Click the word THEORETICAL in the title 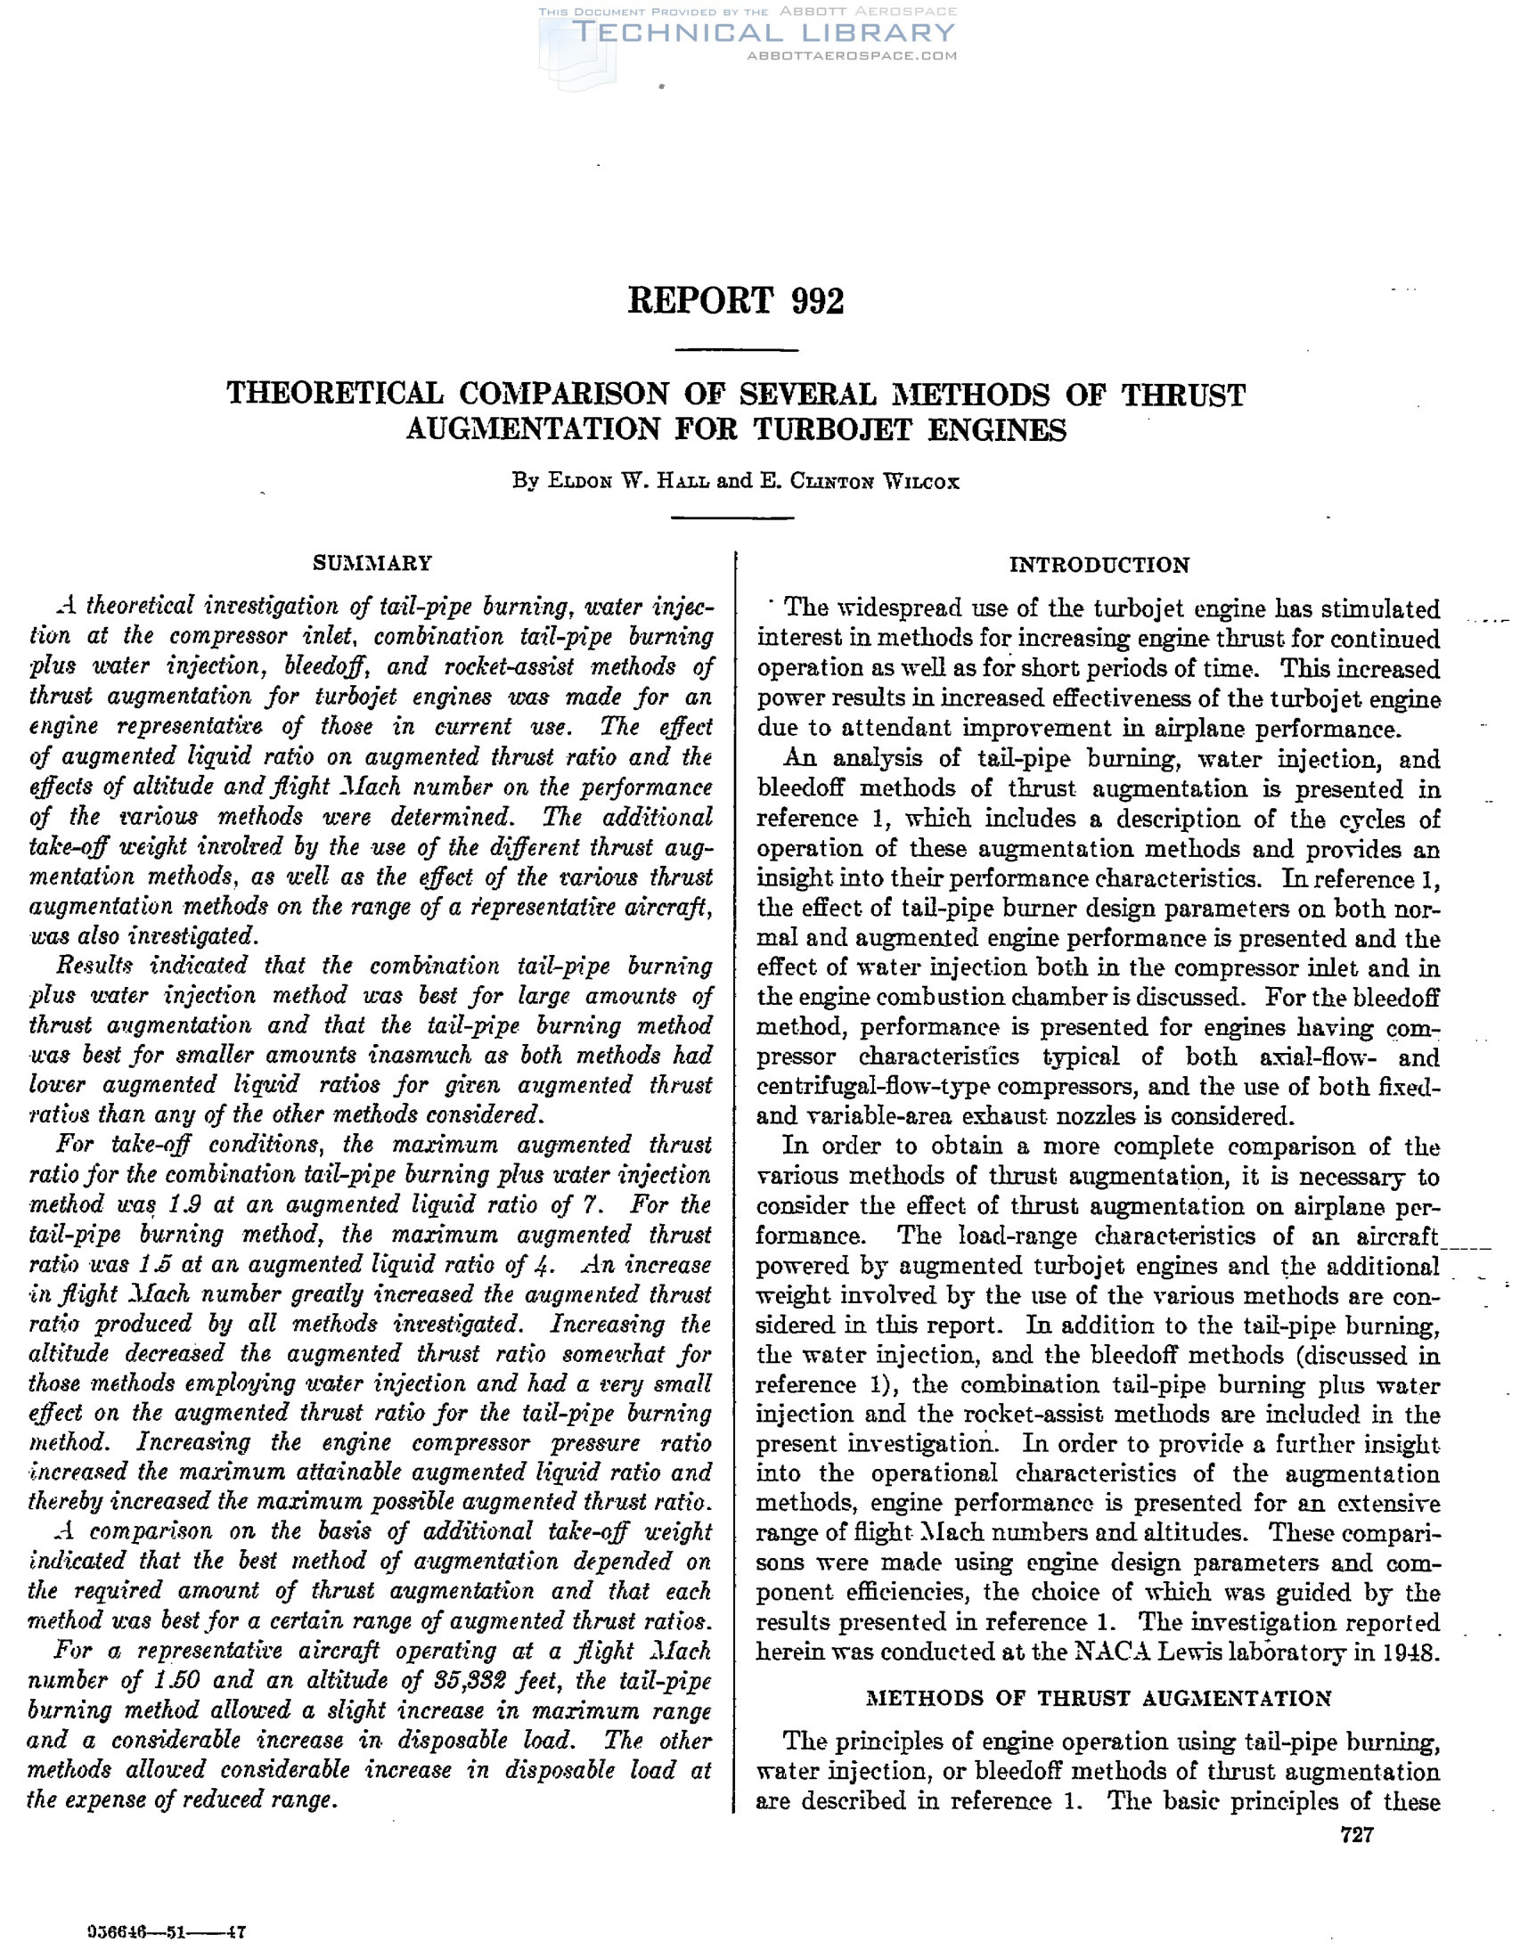coord(335,394)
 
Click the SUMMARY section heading coord(372,563)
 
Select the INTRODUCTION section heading coord(1099,565)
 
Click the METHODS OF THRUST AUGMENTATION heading coord(1099,1698)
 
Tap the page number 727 coord(1356,1835)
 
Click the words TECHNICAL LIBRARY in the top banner coord(765,33)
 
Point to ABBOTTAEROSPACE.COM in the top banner coord(851,55)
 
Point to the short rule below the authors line coord(732,518)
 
